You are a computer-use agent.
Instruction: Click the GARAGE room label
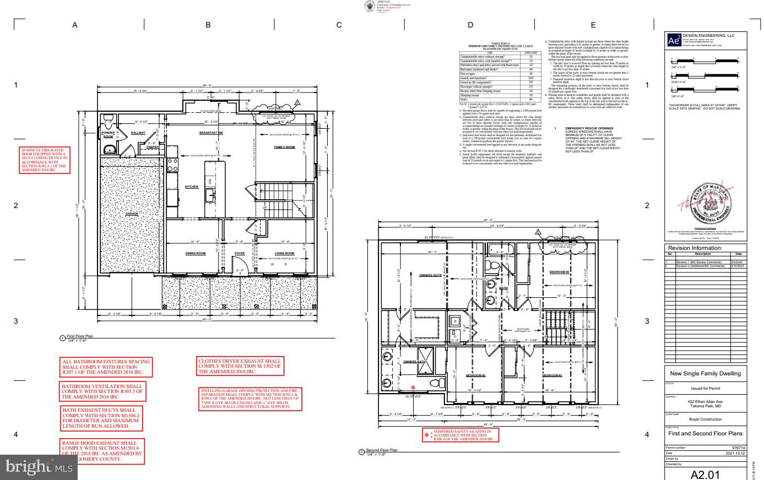[131, 214]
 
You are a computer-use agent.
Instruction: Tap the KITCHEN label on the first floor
[191, 187]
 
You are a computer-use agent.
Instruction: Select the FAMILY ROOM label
[284, 147]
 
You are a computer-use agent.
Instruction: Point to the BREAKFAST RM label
[210, 133]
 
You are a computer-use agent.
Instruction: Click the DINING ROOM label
[195, 253]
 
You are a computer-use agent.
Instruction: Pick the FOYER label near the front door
[240, 253]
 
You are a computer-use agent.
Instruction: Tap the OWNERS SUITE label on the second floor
[430, 275]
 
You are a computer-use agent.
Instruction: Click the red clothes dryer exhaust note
[240, 366]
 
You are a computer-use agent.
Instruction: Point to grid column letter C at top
[339, 25]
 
